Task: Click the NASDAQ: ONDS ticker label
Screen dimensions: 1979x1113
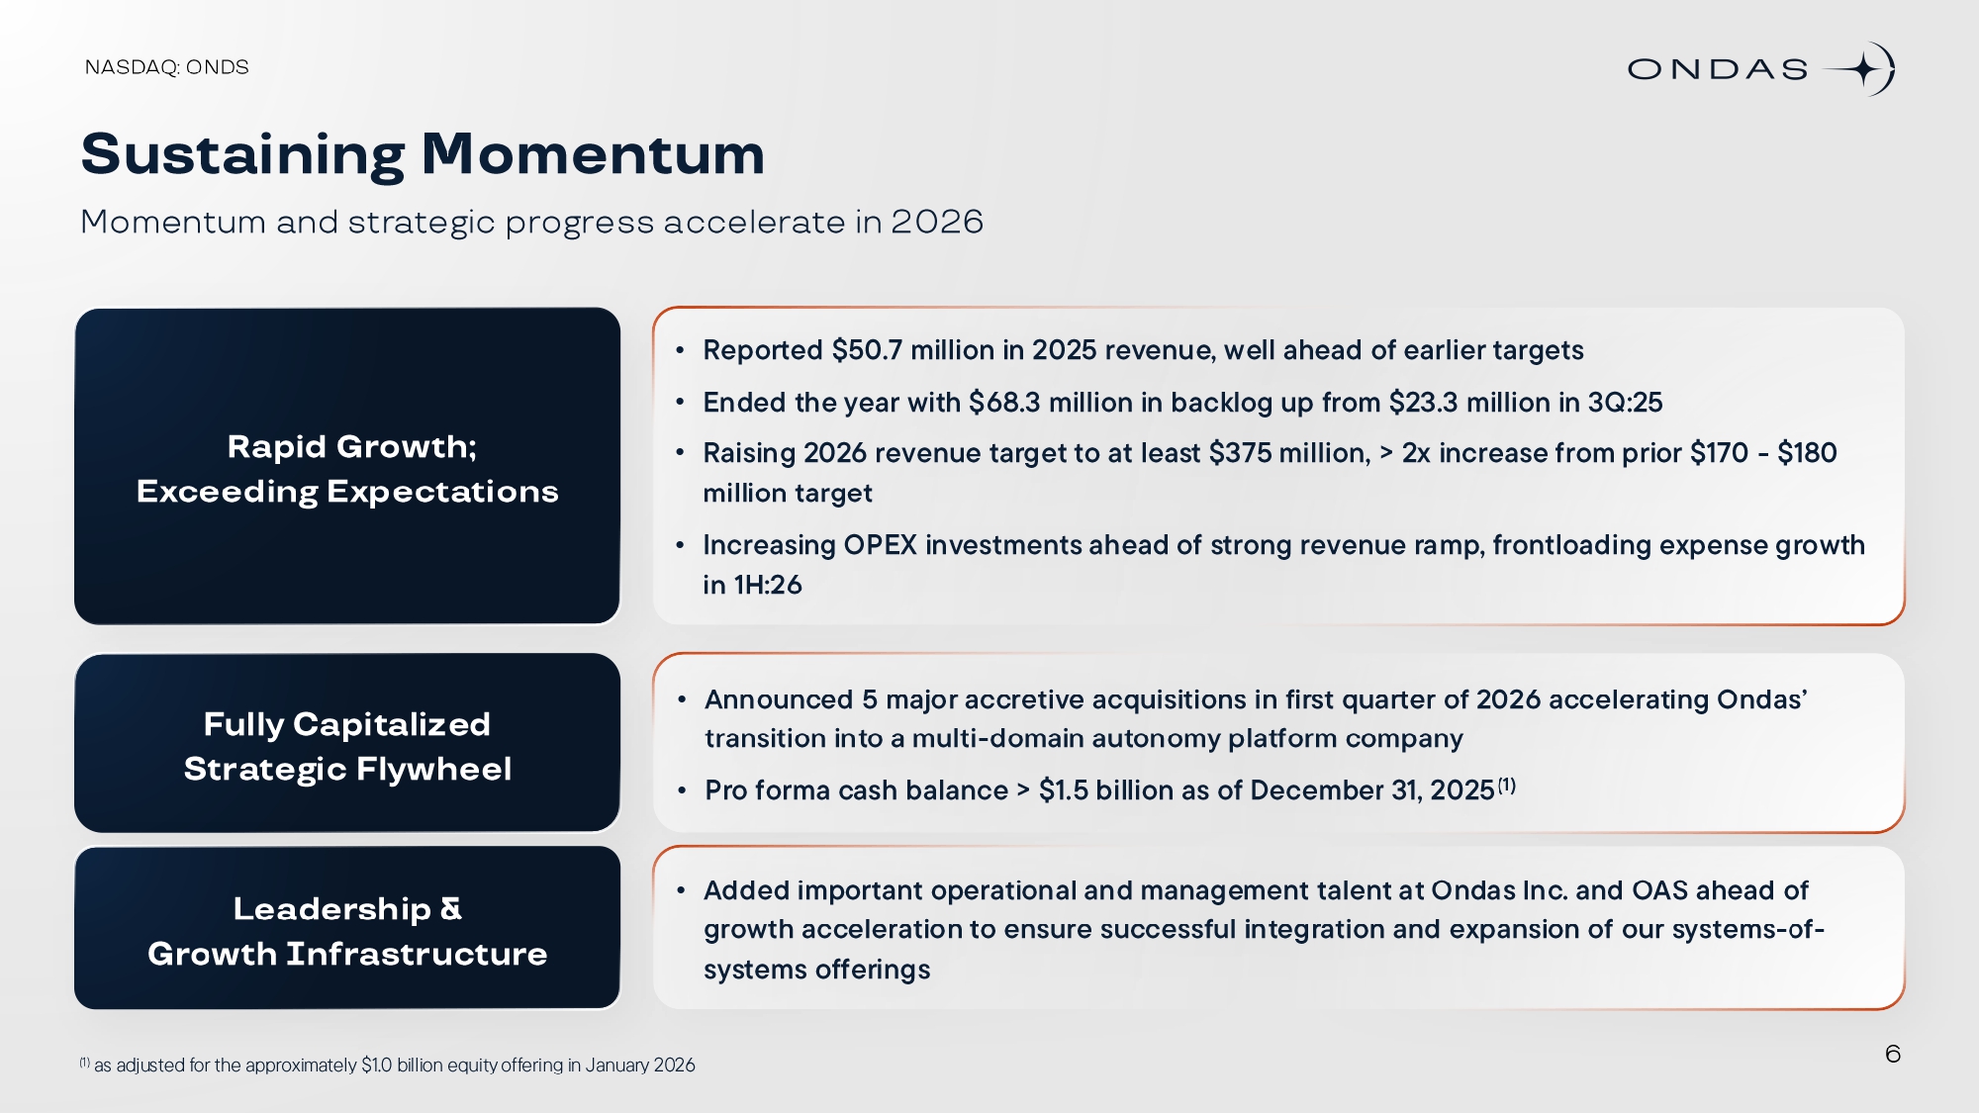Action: tap(166, 67)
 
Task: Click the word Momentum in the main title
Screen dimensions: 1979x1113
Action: tap(593, 154)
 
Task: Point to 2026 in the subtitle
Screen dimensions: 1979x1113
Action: tap(936, 222)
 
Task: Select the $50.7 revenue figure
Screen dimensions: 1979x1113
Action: tap(867, 350)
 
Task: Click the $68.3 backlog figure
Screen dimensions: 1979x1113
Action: tap(1004, 403)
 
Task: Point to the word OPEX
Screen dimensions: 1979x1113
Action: tap(880, 545)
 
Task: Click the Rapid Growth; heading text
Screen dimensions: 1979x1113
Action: tap(351, 447)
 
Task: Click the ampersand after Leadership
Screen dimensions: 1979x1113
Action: tap(450, 908)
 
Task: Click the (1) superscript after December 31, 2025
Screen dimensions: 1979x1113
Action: tap(1506, 785)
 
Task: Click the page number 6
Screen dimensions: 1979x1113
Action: tap(1893, 1054)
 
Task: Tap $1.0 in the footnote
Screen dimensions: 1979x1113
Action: tap(376, 1066)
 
